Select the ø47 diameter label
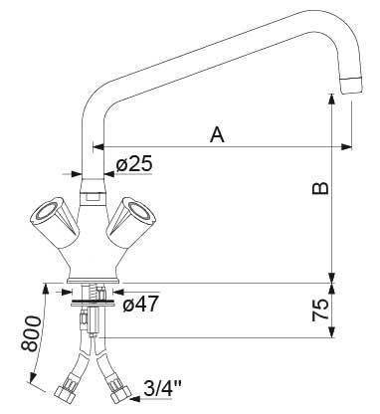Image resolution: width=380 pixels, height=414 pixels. (142, 304)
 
